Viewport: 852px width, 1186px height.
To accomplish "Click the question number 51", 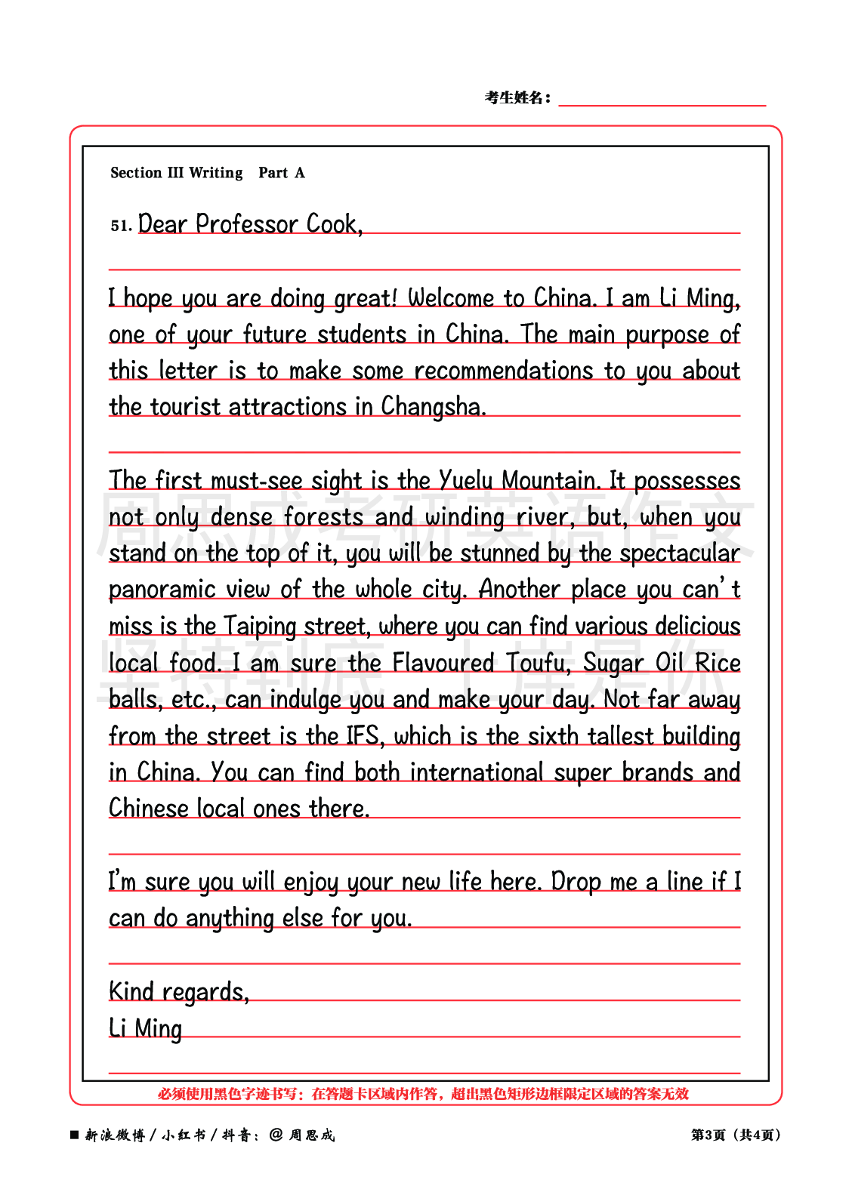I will (x=120, y=226).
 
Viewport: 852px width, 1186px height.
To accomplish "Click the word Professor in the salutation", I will (x=247, y=224).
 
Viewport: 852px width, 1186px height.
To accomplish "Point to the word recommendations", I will (x=504, y=371).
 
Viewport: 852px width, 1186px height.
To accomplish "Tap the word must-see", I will (x=256, y=480).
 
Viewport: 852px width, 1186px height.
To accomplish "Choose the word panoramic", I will (x=151, y=590).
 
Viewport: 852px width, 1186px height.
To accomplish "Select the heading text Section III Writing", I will (x=177, y=173).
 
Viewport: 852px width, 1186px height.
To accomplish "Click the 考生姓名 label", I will (x=517, y=97).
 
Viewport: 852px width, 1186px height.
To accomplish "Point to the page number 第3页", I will (x=708, y=1135).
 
